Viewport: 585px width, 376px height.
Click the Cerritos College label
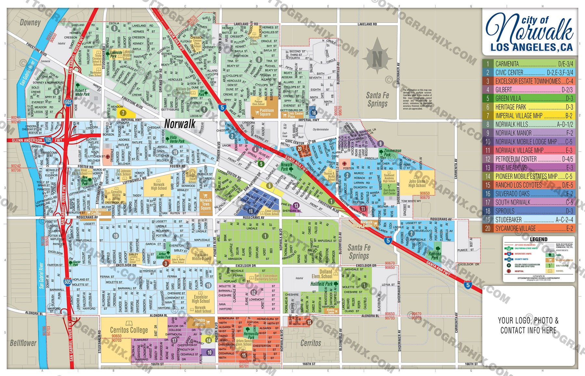129,330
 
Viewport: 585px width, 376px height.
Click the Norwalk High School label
159,186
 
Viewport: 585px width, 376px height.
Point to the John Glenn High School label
417,183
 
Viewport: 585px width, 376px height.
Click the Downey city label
30,22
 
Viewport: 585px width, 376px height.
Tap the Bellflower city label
23,343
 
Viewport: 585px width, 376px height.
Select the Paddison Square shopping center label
266,112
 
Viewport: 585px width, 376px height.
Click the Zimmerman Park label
392,153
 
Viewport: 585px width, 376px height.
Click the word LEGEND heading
539,239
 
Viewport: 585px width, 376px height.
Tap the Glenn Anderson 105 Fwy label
36,140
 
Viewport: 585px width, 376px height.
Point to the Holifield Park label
322,284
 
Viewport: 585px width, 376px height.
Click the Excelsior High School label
201,299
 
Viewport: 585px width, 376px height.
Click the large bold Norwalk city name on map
180,124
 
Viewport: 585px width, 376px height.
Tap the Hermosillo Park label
251,335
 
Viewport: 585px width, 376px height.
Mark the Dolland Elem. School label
322,274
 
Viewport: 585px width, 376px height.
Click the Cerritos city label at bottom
310,343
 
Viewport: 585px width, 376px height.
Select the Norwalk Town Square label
205,204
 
